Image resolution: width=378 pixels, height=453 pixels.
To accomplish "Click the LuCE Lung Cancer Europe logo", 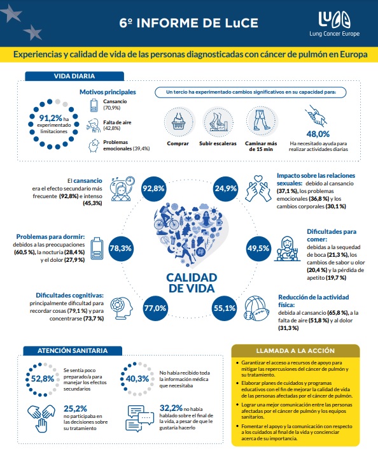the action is coord(335,24).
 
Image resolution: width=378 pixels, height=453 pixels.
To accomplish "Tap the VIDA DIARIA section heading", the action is coord(74,76).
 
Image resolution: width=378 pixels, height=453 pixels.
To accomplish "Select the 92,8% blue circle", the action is coord(153,189).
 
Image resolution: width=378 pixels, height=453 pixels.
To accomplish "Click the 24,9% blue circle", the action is coord(226,189).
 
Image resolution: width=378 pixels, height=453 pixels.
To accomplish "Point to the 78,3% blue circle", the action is coord(121,248).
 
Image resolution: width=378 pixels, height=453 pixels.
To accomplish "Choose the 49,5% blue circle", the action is coord(258,248).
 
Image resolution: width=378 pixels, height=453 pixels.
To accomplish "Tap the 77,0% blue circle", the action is coord(155,308).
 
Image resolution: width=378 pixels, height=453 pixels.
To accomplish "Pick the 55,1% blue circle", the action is coord(225,308).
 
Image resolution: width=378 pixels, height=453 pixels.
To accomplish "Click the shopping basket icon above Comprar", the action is coord(179,122).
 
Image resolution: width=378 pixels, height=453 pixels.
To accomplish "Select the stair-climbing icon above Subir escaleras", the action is coord(218,122).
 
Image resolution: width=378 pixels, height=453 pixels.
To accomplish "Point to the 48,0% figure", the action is coord(318,134).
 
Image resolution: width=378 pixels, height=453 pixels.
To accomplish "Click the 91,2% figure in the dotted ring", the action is coord(51,118).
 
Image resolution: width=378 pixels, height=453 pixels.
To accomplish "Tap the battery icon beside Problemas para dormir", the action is coord(97,248).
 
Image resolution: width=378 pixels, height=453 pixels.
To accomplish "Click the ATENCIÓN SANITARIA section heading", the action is coord(73,350).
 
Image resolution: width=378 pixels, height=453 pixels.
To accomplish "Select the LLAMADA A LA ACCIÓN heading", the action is coord(295,350).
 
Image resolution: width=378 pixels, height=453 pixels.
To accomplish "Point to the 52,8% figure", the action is coord(43,378).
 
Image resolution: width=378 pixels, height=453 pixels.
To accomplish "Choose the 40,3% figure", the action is coord(137,378).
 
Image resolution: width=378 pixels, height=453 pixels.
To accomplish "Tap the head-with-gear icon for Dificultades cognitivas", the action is coord(122,308).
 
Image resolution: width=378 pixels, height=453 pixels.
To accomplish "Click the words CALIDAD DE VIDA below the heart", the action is coord(192,283).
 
